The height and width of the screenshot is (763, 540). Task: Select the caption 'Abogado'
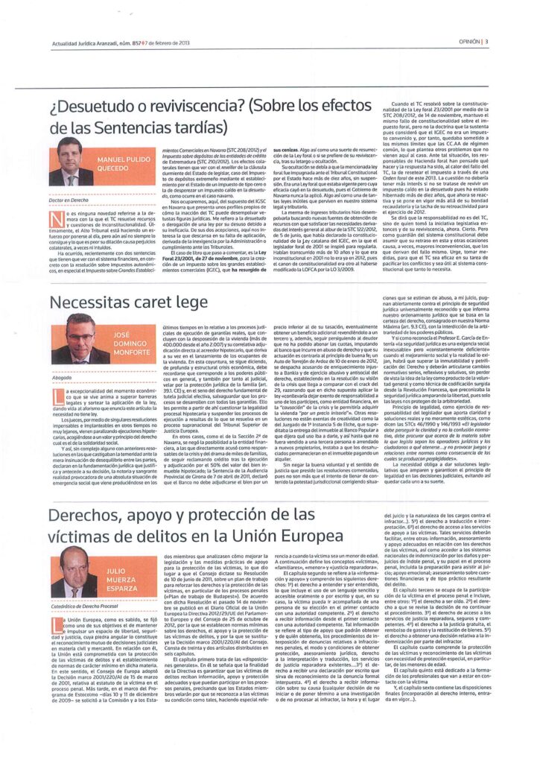[x=62, y=378]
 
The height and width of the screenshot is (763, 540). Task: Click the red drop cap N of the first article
[x=54, y=217]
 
